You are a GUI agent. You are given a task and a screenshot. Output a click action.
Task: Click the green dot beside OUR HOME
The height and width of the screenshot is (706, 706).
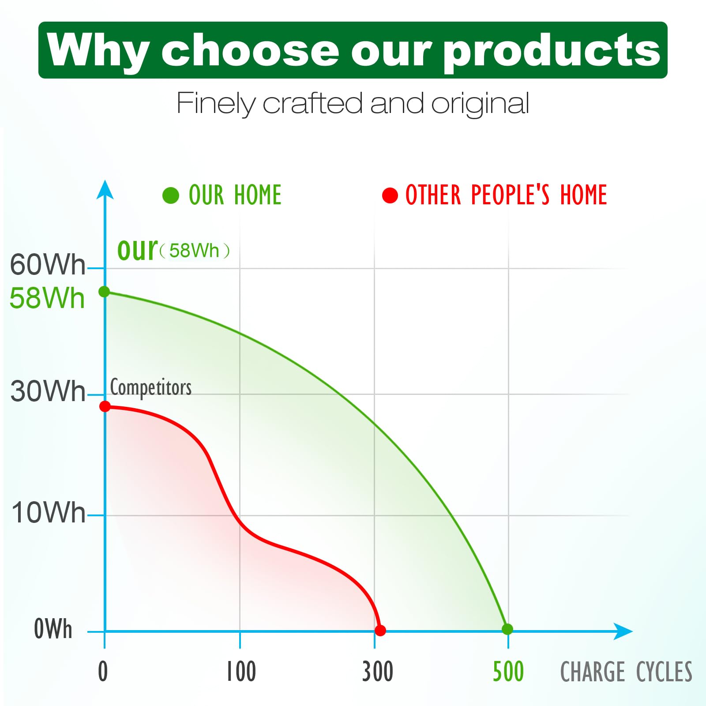click(x=171, y=195)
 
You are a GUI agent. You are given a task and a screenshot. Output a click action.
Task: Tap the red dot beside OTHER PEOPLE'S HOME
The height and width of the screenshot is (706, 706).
click(x=390, y=195)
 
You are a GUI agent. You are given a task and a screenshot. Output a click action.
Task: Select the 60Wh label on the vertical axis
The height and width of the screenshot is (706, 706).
click(x=48, y=264)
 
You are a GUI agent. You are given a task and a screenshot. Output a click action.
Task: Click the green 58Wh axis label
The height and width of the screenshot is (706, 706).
click(x=47, y=297)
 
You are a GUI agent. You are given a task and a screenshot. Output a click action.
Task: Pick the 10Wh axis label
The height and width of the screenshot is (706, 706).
click(x=48, y=512)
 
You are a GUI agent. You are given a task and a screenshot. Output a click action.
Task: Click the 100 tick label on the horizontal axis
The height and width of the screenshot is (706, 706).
click(x=241, y=671)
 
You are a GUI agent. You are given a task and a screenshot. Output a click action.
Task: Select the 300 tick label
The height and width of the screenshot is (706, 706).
click(x=377, y=671)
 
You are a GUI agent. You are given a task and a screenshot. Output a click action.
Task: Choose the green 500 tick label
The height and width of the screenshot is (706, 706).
click(x=508, y=671)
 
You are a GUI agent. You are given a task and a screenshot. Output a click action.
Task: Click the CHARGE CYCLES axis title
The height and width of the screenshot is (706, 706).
click(x=626, y=672)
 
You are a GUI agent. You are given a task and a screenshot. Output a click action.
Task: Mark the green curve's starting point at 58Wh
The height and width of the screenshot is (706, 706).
click(x=104, y=292)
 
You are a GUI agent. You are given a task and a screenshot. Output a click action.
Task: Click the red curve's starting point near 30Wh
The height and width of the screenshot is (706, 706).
click(x=105, y=406)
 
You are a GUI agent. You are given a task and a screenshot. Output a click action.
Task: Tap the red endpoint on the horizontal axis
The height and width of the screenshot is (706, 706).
click(x=380, y=630)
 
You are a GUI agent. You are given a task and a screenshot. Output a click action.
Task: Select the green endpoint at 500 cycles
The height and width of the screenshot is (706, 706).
click(x=507, y=629)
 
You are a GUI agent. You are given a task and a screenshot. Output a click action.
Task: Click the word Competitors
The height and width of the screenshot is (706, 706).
click(x=151, y=387)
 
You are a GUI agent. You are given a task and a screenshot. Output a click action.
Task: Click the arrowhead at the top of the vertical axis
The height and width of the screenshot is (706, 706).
click(x=105, y=190)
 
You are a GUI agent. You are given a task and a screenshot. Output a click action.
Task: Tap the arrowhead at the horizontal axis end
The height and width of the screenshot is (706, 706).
click(x=623, y=631)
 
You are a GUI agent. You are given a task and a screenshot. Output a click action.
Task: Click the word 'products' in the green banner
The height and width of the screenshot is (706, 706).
click(x=552, y=51)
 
